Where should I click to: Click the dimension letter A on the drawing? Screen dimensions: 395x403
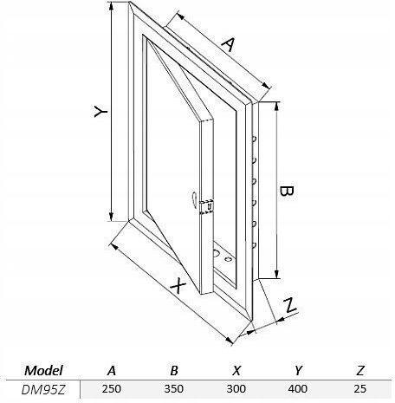228,44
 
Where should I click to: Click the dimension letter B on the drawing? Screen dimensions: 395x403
287,191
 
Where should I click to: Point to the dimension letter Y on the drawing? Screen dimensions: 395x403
100,112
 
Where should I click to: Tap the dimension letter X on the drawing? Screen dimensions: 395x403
178,286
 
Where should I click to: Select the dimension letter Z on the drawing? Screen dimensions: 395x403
289,306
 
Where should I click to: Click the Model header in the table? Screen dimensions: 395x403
43,371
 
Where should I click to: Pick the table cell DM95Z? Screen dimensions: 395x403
43,390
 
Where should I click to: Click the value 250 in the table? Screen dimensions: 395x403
112,389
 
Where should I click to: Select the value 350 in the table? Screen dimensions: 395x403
174,389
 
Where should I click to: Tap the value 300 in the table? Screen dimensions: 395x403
236,389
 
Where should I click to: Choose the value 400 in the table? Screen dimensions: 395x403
298,389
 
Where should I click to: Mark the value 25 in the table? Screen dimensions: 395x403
360,389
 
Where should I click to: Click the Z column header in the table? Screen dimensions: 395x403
360,371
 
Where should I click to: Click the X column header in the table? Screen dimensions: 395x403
236,371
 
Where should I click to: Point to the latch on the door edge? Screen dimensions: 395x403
207,207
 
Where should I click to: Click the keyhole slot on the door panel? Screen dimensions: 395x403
193,199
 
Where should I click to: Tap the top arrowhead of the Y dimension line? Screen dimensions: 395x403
112,7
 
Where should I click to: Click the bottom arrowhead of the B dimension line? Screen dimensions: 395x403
277,274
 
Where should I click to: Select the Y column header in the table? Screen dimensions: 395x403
299,371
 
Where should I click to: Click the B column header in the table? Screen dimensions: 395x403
174,371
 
